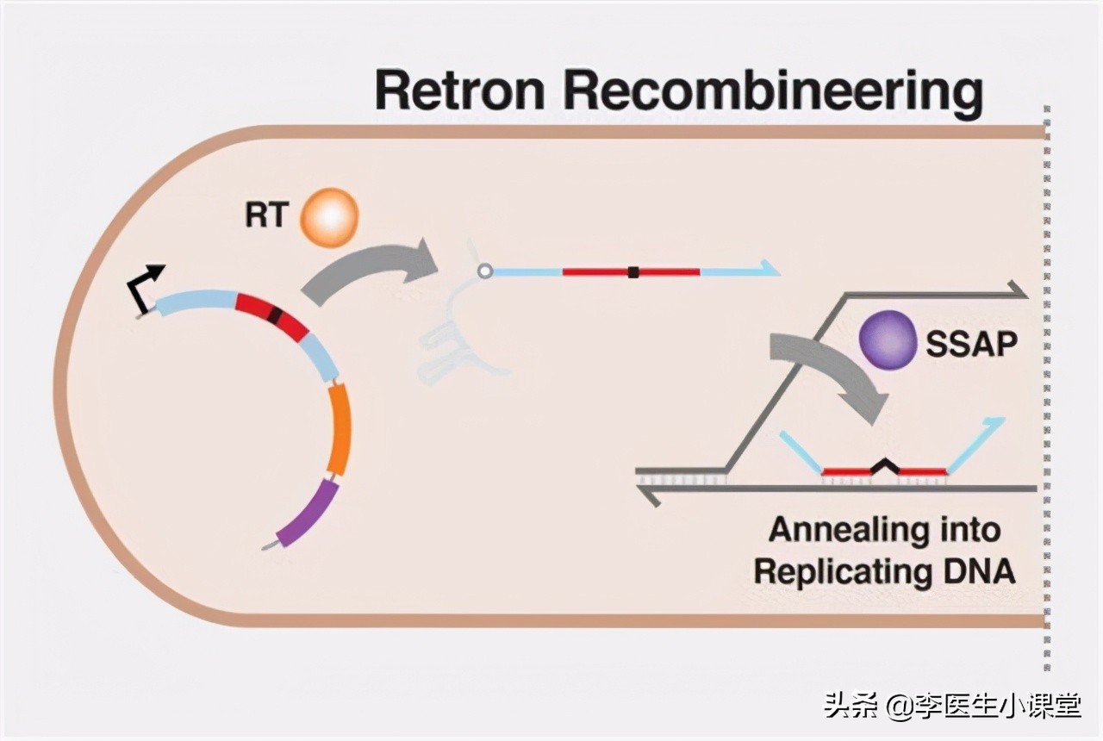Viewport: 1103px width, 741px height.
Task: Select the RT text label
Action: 265,215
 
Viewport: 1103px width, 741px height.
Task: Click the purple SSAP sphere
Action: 887,340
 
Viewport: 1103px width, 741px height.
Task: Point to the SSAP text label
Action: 971,345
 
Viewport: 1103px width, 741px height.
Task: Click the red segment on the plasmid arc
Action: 271,314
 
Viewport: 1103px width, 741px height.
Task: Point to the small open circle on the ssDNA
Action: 484,271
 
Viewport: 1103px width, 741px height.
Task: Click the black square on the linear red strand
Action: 633,272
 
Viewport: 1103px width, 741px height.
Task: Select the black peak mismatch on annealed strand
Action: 884,466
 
